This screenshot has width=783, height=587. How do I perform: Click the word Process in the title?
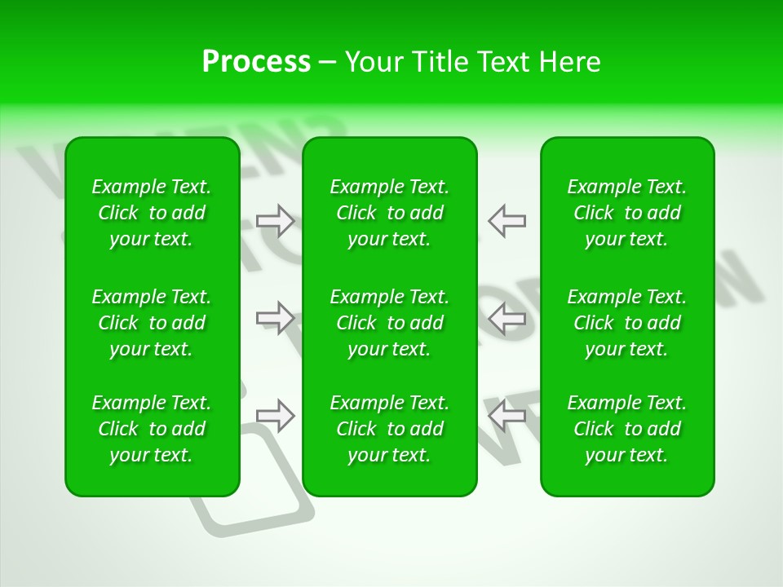pos(256,62)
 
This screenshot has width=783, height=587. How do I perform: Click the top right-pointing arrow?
pos(276,220)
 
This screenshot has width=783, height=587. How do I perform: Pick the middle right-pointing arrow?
pos(276,318)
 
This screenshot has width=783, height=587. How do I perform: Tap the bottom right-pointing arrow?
pos(276,415)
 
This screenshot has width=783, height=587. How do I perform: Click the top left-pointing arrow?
pos(507,220)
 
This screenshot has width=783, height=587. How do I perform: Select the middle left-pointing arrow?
pos(507,318)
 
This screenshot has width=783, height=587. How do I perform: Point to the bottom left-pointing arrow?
pos(507,415)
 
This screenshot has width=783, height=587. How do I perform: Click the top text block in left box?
pos(152,213)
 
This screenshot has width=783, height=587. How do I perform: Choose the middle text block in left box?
pos(152,323)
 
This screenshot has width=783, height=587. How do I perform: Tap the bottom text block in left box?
pos(152,429)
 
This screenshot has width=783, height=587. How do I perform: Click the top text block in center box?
pos(390,213)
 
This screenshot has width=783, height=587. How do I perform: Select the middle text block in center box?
pos(390,323)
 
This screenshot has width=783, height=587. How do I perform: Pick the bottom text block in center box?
pos(390,429)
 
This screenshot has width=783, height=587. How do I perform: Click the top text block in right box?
pos(627,213)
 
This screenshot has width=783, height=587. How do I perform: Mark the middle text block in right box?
pos(627,323)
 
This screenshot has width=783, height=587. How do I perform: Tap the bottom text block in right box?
pos(627,429)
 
